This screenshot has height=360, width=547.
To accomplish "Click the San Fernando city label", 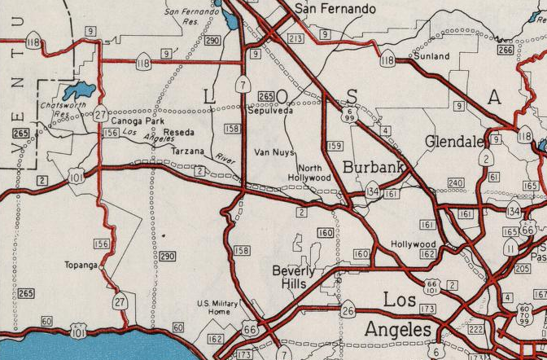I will tap(336, 9).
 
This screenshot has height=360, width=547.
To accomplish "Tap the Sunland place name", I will tap(431, 57).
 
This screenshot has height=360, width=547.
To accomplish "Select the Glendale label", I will tap(453, 142).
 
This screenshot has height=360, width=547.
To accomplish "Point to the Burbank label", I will tap(374, 168).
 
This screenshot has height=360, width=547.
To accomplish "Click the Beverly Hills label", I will tap(290, 278).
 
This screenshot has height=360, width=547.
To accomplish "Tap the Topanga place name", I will tap(82, 266).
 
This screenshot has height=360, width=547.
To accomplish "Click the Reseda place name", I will tap(178, 132).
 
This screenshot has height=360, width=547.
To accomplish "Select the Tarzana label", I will tap(188, 151).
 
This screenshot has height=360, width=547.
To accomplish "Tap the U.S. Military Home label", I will tap(218, 308).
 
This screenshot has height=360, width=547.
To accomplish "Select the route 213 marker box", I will tap(295, 38).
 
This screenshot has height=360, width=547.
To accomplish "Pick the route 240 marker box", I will tap(455, 183).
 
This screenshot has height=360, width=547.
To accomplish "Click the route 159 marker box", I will tap(334, 147).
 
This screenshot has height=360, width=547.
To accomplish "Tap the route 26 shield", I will tap(348, 309).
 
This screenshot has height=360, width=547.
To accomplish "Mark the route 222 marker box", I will tap(476, 328).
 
